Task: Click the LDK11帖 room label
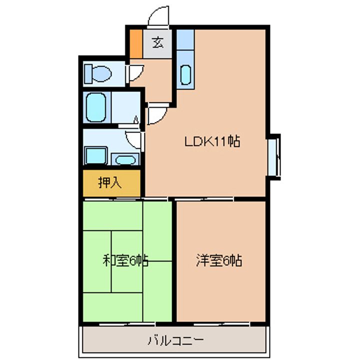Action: click(212, 141)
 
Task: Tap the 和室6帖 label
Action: click(125, 260)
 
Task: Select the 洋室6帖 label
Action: click(219, 260)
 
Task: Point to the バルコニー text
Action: click(175, 340)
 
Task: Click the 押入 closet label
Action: click(109, 183)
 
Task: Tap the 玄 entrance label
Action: click(158, 42)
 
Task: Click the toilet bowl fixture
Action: click(98, 74)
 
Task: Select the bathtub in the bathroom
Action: click(96, 107)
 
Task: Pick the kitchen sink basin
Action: click(185, 75)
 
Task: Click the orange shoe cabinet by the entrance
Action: click(136, 44)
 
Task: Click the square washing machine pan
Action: click(96, 155)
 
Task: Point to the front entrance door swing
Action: click(158, 16)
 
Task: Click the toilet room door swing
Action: click(135, 73)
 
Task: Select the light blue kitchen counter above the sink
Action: click(185, 39)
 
